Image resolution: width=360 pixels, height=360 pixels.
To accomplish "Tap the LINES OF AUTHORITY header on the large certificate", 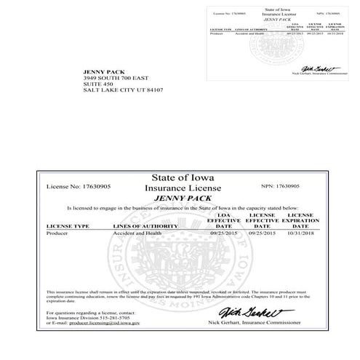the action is (x=145, y=226).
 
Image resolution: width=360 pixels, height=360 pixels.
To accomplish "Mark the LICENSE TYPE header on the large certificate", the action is (x=68, y=226).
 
